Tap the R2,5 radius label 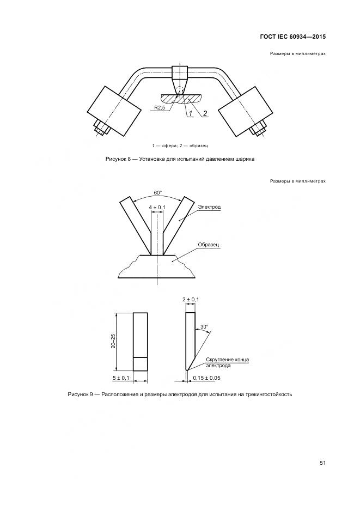159,108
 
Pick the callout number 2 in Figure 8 205,113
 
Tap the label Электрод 209,207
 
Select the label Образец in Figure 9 208,245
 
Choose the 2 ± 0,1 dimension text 191,300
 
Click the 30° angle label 204,327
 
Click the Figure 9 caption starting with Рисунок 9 180,394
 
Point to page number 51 322,463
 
